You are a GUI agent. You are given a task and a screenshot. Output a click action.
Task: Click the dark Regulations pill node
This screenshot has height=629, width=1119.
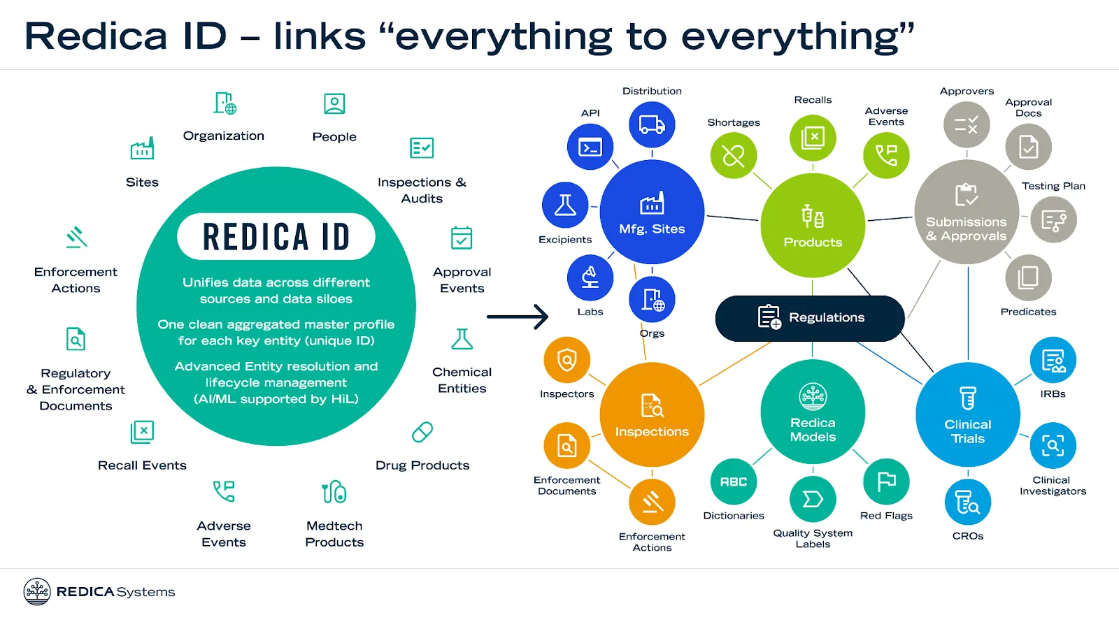tap(810, 318)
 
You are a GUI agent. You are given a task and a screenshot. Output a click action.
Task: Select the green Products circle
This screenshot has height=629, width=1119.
tap(813, 225)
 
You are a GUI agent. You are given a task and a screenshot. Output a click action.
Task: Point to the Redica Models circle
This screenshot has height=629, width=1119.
tap(813, 412)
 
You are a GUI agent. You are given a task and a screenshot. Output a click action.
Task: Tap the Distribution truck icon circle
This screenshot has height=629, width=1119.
tap(652, 125)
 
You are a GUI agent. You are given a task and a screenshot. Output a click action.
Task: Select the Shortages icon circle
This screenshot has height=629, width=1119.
tap(733, 155)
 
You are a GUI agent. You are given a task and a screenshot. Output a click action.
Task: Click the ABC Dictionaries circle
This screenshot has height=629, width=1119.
tap(734, 482)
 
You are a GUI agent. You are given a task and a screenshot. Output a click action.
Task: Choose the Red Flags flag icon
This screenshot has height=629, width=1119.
tap(886, 482)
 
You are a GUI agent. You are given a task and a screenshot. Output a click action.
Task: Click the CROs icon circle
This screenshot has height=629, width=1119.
tap(968, 502)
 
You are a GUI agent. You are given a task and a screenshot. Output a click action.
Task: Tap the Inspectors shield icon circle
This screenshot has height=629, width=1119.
tap(566, 360)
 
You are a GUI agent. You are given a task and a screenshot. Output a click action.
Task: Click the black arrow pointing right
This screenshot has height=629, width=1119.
tap(518, 317)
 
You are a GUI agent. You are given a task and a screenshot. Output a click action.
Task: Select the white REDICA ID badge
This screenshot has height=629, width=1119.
tap(276, 236)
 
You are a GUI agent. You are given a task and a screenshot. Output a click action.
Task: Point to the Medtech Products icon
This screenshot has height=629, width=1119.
tap(334, 492)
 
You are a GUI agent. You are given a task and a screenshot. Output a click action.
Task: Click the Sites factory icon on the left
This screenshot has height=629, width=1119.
tap(142, 149)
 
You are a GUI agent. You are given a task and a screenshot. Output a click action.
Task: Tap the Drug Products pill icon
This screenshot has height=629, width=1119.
tap(422, 432)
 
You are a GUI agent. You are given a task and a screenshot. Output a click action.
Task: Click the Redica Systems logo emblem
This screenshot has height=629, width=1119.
tap(37, 591)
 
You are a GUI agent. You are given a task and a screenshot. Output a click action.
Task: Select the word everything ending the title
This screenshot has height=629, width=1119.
tap(794, 37)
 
